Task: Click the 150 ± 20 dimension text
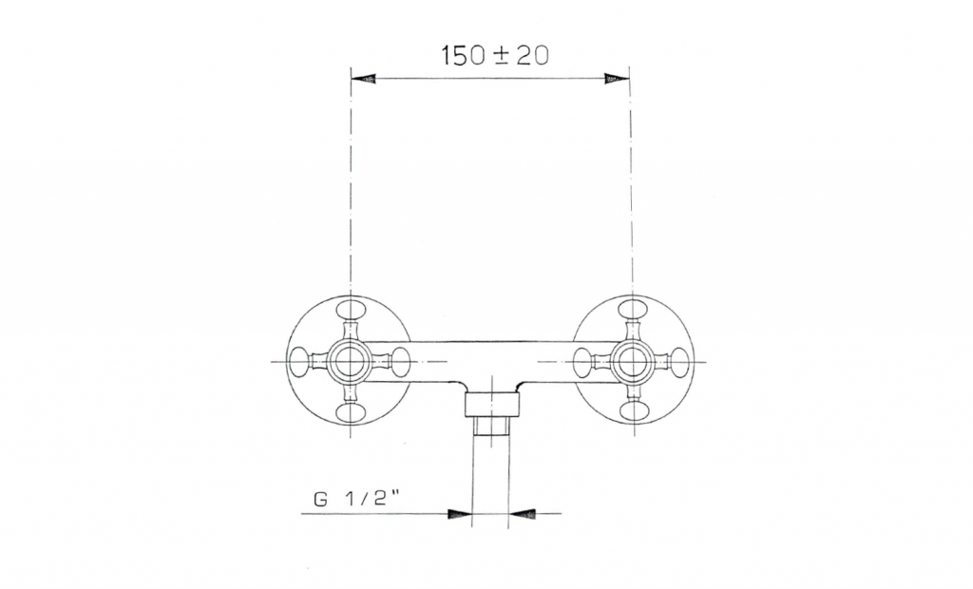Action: coord(495,55)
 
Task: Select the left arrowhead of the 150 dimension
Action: coord(364,78)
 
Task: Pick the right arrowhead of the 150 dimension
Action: coord(617,78)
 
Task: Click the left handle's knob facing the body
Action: coord(401,361)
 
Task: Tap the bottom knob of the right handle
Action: coord(634,412)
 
